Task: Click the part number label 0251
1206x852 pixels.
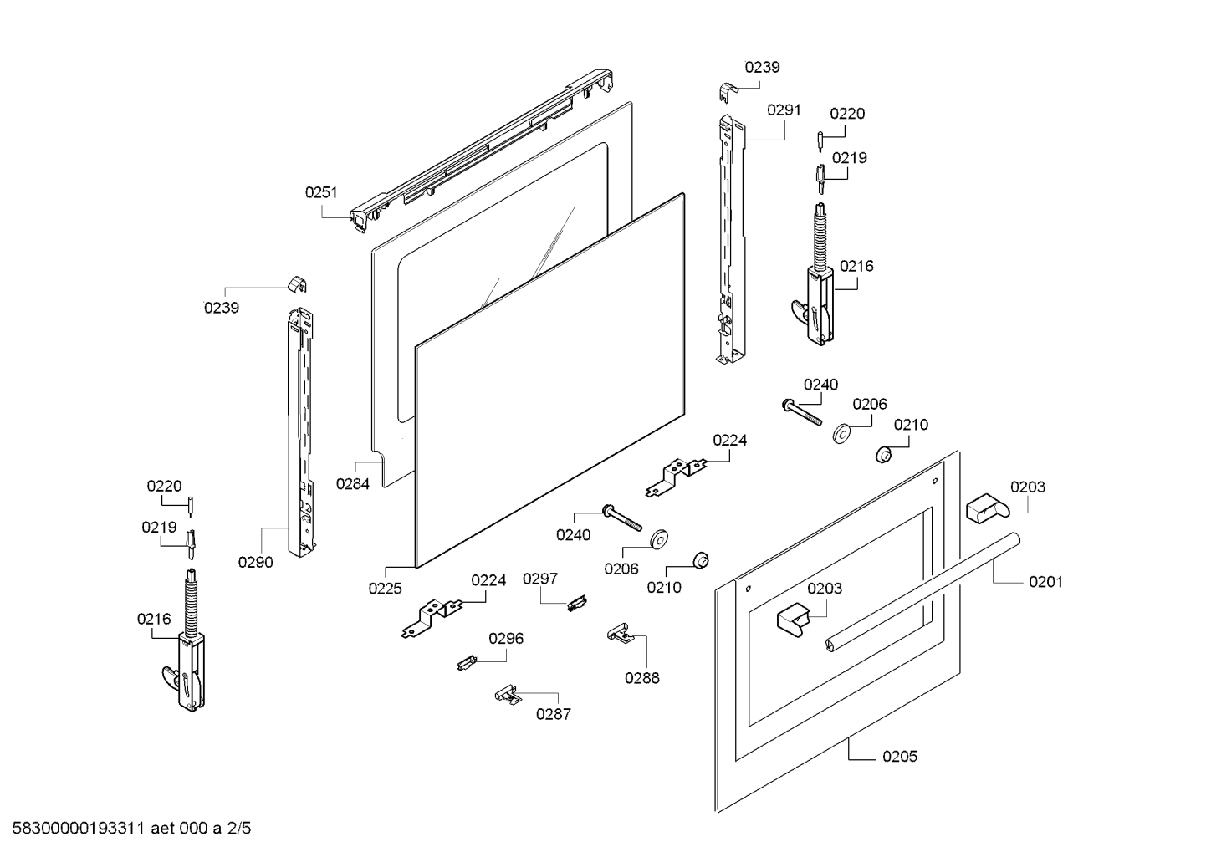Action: (x=321, y=192)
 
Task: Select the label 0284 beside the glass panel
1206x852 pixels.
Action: (x=353, y=483)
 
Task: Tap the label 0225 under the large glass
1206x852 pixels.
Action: (x=385, y=588)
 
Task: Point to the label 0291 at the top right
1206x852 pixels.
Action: (x=784, y=110)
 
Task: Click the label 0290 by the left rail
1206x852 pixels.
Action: (x=255, y=562)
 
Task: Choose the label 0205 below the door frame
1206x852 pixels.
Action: (x=899, y=756)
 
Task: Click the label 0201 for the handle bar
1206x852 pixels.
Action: (x=1045, y=581)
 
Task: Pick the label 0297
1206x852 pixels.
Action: (x=540, y=579)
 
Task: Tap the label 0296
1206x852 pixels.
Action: (x=506, y=638)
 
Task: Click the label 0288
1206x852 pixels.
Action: (x=641, y=677)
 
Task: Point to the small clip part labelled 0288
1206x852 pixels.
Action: (x=618, y=633)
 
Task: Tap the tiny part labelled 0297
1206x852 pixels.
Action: (x=575, y=602)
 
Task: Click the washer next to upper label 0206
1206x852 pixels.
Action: (x=841, y=434)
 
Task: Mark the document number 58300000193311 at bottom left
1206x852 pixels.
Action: (x=76, y=829)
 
